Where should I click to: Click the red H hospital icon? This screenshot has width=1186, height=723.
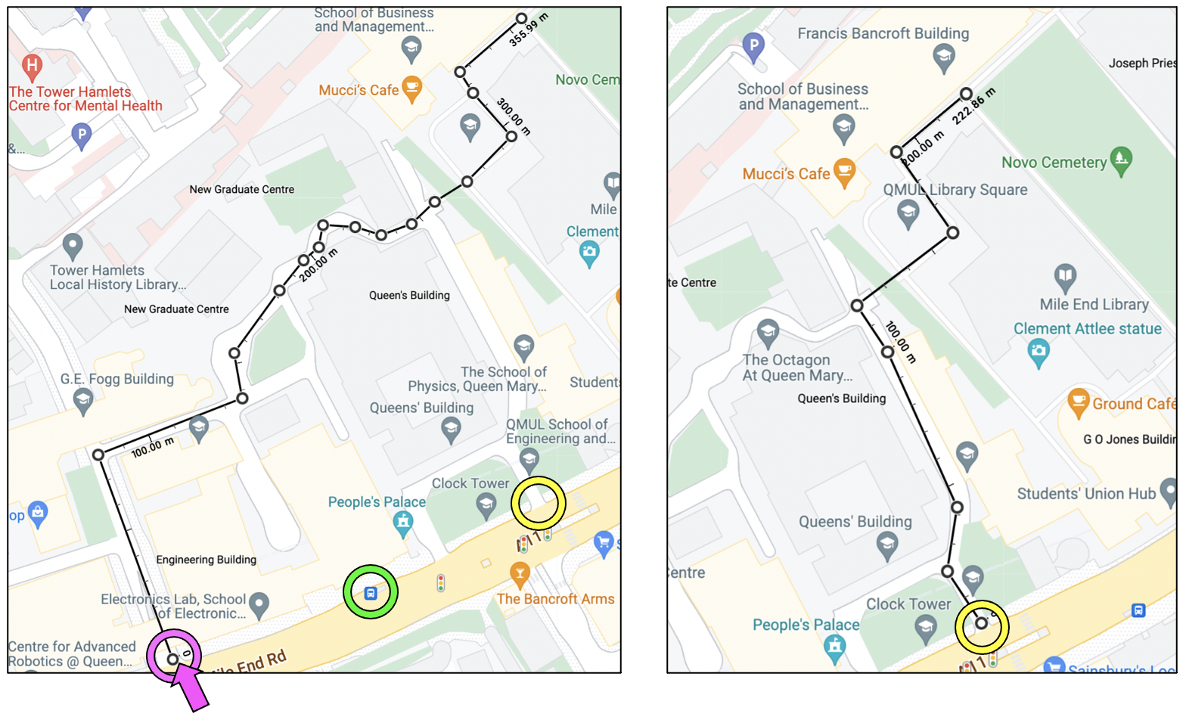pyautogui.click(x=32, y=66)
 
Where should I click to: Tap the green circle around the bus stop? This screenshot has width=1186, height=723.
pyautogui.click(x=370, y=592)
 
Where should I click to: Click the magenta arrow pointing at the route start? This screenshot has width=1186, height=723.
pyautogui.click(x=188, y=686)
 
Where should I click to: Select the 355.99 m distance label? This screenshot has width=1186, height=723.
pyautogui.click(x=528, y=30)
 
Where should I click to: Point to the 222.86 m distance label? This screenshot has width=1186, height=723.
pyautogui.click(x=973, y=106)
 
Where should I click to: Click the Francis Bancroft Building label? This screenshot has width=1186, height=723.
pyautogui.click(x=883, y=33)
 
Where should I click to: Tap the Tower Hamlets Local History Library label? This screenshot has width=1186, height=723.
pyautogui.click(x=117, y=277)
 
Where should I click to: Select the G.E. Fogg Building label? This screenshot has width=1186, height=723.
pyautogui.click(x=117, y=379)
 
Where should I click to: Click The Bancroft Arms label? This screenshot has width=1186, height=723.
pyautogui.click(x=555, y=599)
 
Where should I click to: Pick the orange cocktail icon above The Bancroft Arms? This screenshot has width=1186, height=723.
pyautogui.click(x=519, y=573)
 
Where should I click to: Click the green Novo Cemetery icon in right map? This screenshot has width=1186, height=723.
pyautogui.click(x=1121, y=160)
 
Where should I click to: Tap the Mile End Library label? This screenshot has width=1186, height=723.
pyautogui.click(x=1094, y=304)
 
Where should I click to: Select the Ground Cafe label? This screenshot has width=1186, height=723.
pyautogui.click(x=1133, y=404)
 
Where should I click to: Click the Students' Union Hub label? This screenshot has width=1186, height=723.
pyautogui.click(x=1086, y=494)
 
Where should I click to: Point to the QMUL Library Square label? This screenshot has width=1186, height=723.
pyautogui.click(x=955, y=190)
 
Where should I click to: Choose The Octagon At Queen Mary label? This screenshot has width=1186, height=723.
pyautogui.click(x=797, y=368)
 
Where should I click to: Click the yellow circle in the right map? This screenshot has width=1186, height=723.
pyautogui.click(x=982, y=627)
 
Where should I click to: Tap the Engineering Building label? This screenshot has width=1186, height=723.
pyautogui.click(x=206, y=560)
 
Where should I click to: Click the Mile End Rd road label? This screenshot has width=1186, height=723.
pyautogui.click(x=250, y=662)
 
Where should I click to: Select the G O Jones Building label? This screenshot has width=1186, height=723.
pyautogui.click(x=1129, y=439)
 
